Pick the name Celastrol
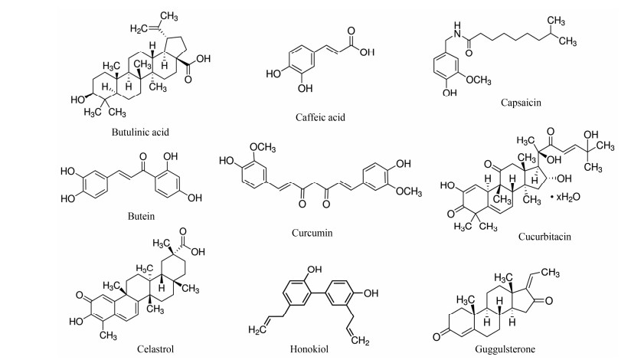coord(151,349)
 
